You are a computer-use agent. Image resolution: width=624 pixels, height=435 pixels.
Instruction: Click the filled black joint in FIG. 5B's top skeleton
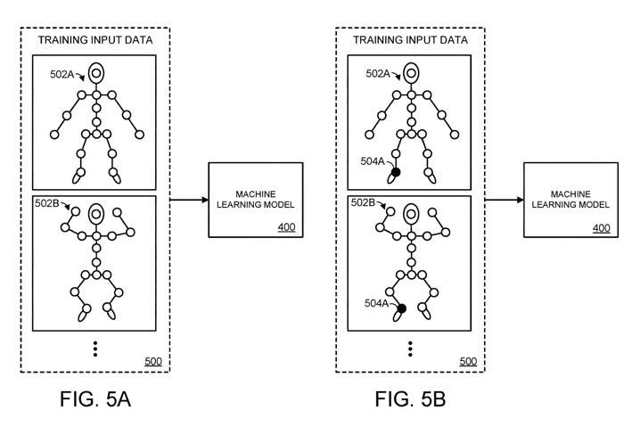397,172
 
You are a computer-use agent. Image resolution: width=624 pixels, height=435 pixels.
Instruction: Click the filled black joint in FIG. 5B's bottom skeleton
402,308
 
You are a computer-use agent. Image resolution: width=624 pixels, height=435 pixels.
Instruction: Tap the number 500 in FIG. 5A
152,361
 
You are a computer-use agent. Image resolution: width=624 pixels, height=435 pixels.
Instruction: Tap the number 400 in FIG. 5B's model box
602,228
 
